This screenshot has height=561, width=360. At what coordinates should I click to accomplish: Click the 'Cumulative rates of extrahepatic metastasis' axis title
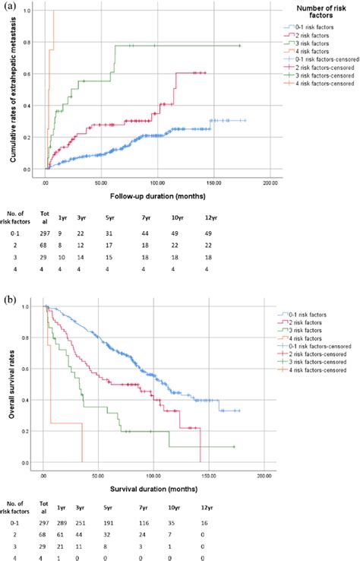[x=14, y=91]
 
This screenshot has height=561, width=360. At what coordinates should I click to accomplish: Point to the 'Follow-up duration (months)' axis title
[x=151, y=194]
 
